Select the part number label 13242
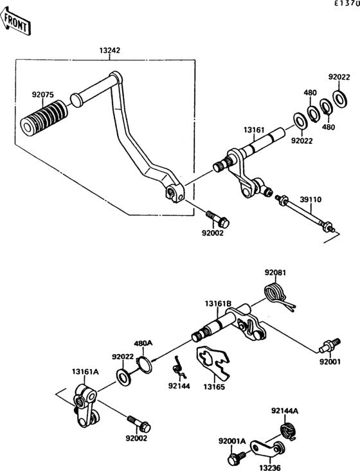point(110,50)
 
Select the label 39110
point(312,200)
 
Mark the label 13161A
point(85,371)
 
